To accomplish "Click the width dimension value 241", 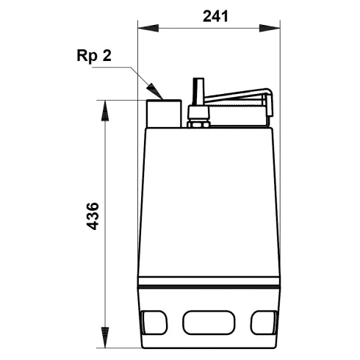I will [x=209, y=16].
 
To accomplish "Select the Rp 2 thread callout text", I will [x=94, y=57].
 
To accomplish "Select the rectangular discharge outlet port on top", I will [x=164, y=113].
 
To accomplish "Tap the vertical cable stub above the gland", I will [x=196, y=93].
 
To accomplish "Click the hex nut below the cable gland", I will [x=195, y=122].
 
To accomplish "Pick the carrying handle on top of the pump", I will [x=235, y=97].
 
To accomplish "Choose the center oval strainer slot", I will [x=206, y=321].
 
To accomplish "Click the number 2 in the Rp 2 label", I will [x=107, y=57].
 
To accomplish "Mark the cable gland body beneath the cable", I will [x=195, y=112].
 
